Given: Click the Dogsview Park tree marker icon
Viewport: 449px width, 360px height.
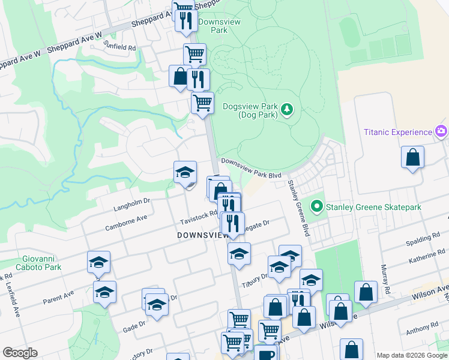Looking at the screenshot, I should pyautogui.click(x=288, y=110).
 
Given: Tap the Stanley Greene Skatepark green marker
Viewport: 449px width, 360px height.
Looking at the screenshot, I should pyautogui.click(x=317, y=207).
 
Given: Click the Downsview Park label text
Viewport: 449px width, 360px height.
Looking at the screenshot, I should pyautogui.click(x=219, y=25).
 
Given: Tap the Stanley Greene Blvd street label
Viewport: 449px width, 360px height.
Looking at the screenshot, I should pyautogui.click(x=298, y=208).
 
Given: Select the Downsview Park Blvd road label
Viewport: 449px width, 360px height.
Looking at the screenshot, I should pyautogui.click(x=251, y=168).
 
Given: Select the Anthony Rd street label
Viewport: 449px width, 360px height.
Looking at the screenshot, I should pyautogui.click(x=422, y=331).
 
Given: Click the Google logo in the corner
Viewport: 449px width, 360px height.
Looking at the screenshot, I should pyautogui.click(x=20, y=353).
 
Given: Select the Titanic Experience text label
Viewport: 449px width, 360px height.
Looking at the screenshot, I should pyautogui.click(x=398, y=132).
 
